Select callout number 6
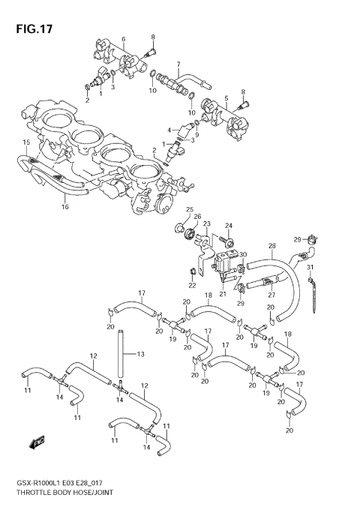tap(124, 39)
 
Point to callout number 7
tap(178, 64)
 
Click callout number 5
tap(225, 98)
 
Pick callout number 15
tap(25, 142)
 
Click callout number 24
tap(229, 225)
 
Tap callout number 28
tap(272, 245)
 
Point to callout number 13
tap(140, 353)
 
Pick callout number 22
tap(192, 285)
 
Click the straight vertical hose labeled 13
tap(118, 356)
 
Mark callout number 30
tap(242, 255)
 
